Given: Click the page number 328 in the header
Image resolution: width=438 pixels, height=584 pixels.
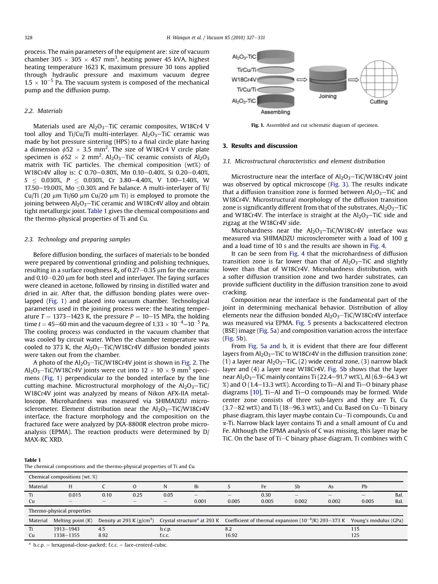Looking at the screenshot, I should click(28, 37).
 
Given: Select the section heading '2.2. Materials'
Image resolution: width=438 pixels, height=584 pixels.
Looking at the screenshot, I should click(44, 111).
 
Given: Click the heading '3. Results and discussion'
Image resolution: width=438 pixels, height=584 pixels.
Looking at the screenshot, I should click(260, 146).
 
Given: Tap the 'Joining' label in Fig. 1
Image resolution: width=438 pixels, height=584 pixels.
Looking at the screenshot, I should click(327, 97).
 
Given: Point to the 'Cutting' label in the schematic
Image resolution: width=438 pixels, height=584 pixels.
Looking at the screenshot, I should click(378, 102).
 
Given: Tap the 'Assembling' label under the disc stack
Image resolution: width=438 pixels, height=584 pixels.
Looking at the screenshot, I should click(275, 112).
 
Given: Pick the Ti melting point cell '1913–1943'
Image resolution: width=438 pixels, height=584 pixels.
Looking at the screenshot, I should click(66, 529).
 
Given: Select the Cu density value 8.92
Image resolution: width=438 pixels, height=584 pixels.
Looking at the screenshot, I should click(102, 535).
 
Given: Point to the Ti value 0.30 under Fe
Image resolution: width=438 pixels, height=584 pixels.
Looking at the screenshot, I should click(266, 495).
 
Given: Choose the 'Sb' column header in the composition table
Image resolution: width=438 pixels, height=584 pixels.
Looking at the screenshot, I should click(297, 486).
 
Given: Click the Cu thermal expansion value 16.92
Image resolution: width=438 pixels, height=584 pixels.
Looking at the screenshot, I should click(231, 535).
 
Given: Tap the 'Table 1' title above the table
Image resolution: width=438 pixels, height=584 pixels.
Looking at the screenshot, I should click(32, 460).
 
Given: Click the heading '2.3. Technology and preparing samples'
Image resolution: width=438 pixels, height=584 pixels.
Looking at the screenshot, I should click(77, 239).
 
